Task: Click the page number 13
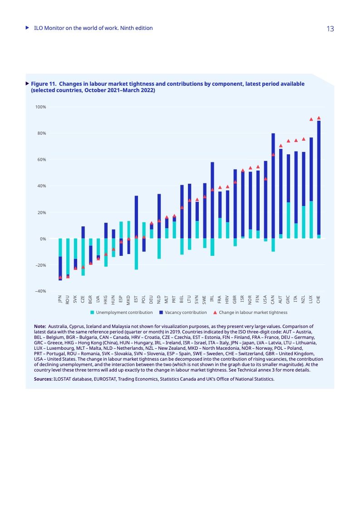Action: click(x=330, y=29)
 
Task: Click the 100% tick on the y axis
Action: click(x=40, y=107)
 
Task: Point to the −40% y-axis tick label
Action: click(x=40, y=291)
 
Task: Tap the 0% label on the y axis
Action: click(x=43, y=239)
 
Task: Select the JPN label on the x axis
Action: click(x=60, y=299)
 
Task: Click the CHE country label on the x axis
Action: click(x=319, y=299)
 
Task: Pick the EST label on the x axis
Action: click(x=136, y=299)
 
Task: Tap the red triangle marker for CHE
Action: click(x=319, y=118)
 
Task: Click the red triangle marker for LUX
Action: click(x=311, y=119)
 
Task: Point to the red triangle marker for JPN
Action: click(x=60, y=277)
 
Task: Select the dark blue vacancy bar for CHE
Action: click(x=319, y=177)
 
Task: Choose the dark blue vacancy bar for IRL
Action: click(x=212, y=200)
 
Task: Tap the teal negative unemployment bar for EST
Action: click(x=136, y=254)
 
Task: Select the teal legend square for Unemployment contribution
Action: click(x=92, y=313)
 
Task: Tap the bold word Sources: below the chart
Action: click(x=43, y=378)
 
